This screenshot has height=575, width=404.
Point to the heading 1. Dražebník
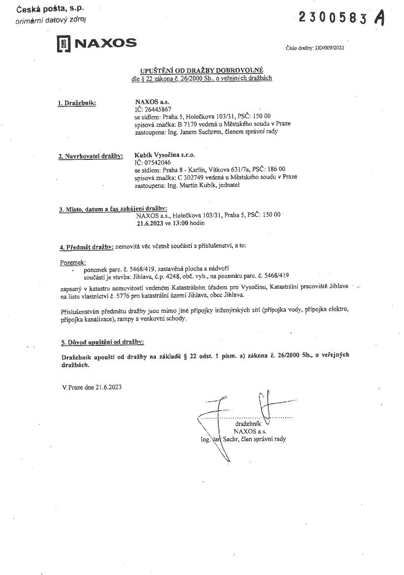pos(77,103)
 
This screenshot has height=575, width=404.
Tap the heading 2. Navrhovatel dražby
pos(90,156)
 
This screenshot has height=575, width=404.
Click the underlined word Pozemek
pos(73,263)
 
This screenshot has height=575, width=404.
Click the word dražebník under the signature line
pos(250,423)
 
